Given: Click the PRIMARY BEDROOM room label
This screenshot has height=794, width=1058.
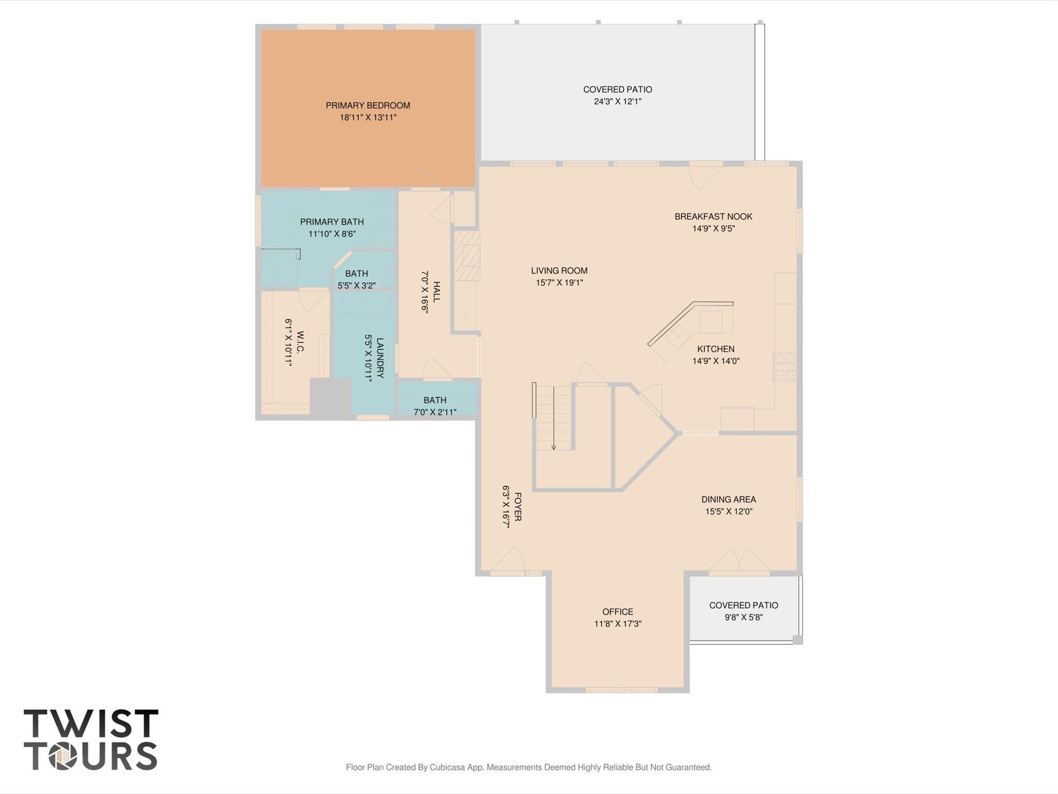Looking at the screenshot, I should coord(367,106).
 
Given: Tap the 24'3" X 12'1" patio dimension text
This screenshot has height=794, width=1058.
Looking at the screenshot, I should coord(617,101).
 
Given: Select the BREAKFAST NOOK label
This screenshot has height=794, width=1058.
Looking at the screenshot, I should coord(713,217).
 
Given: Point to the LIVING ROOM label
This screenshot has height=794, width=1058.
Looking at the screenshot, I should coord(559,271).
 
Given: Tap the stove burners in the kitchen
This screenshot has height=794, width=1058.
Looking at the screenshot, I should coord(784,366).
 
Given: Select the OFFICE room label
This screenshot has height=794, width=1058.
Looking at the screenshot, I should coord(617,612).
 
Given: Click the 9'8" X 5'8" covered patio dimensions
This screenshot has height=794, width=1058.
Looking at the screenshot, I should coord(743,617).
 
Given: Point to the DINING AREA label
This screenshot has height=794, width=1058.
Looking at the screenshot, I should coord(728,500).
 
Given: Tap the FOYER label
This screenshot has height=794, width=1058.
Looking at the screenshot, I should coord(517,507).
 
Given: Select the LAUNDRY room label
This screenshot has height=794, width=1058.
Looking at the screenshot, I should coord(380,358).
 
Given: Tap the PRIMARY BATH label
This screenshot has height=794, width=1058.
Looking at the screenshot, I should coord(332,222).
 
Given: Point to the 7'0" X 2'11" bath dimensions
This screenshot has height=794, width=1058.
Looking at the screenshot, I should coord(435,412).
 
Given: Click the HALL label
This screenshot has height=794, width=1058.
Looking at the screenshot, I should coord(437,292).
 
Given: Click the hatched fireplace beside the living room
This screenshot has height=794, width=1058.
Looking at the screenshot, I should coord(467,256).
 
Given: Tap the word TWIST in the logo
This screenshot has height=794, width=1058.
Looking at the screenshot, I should coord(91,724).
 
